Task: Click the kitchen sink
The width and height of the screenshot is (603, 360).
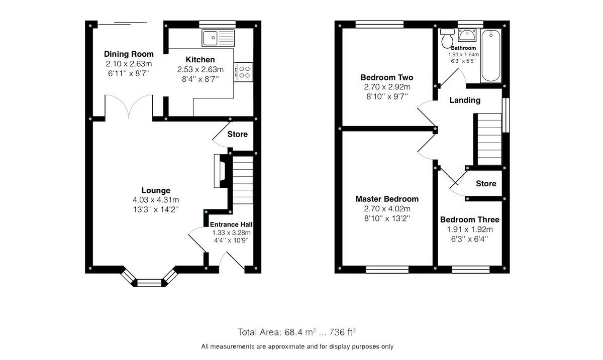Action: point(218,37)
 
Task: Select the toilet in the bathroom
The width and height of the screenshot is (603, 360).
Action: point(446,37)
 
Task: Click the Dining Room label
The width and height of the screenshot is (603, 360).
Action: point(129,54)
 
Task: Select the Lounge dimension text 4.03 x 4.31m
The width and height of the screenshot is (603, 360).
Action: point(156,200)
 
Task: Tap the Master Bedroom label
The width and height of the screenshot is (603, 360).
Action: point(387,199)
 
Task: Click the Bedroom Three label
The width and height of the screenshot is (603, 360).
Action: point(469,219)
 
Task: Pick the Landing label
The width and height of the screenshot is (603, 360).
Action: point(464,100)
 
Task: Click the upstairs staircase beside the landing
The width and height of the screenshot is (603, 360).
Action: point(488,139)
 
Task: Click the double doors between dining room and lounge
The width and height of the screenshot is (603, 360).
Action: point(129,106)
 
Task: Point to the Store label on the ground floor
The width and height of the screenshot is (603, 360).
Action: point(237,134)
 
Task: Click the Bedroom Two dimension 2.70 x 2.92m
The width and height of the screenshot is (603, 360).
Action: point(387,87)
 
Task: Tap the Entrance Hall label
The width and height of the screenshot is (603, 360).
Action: point(231,224)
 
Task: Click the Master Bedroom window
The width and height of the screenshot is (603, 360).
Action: point(387,270)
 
